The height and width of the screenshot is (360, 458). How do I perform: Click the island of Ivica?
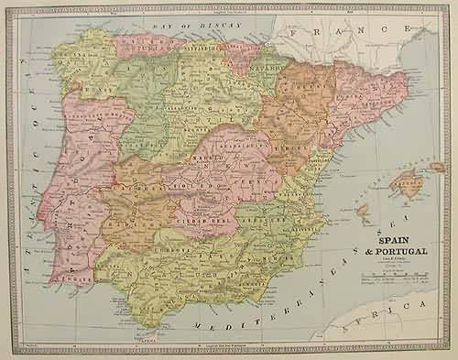(x=363, y=214)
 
